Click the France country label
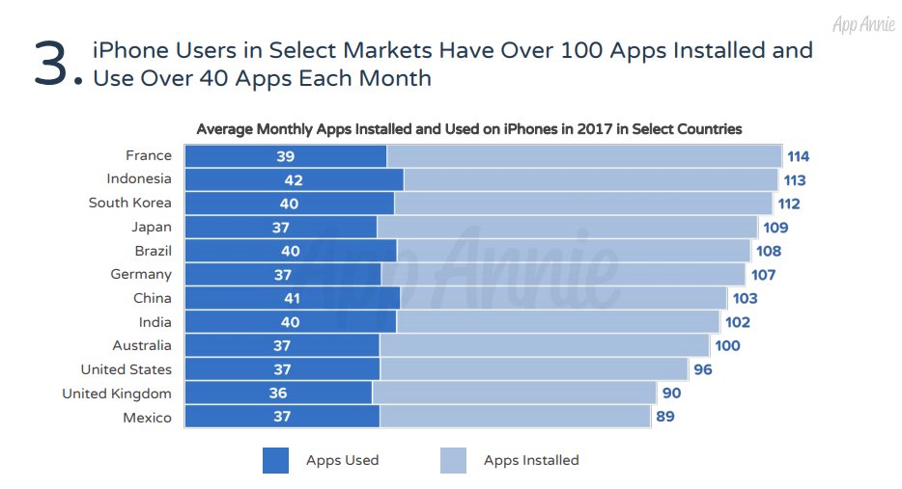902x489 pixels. [x=149, y=155]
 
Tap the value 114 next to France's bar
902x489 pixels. [x=798, y=156]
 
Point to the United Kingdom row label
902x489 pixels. [x=117, y=394]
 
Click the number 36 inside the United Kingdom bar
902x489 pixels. [x=277, y=394]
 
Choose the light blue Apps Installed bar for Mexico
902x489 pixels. [x=514, y=417]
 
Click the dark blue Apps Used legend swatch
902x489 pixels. [x=275, y=461]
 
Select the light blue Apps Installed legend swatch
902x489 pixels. [x=453, y=461]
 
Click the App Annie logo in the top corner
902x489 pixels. [x=862, y=24]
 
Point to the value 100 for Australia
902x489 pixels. [x=727, y=346]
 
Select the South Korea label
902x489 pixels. [x=129, y=203]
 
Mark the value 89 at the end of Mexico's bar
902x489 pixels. [x=664, y=417]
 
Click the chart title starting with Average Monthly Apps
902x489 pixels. [x=468, y=129]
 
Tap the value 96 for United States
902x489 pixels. [x=702, y=369]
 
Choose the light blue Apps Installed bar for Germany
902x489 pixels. [x=562, y=275]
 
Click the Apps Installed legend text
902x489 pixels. [x=531, y=461]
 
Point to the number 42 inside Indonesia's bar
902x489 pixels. [x=294, y=179]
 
